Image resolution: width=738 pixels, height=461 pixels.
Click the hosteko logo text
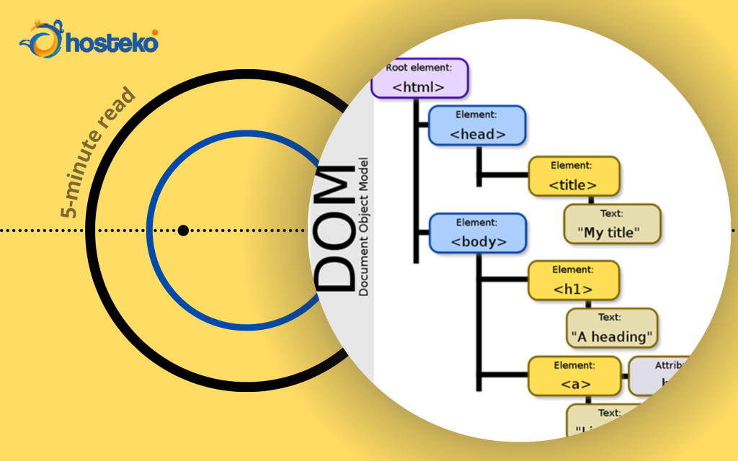(x=112, y=43)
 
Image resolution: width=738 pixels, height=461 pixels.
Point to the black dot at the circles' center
(x=183, y=230)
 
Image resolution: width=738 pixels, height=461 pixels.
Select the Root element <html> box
(x=419, y=79)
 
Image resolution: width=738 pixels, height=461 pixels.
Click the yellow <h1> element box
(x=573, y=280)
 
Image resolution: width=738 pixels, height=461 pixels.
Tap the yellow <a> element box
(x=574, y=375)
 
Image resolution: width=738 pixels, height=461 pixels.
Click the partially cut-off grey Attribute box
(x=659, y=375)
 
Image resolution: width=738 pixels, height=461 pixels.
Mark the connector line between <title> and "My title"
(x=592, y=200)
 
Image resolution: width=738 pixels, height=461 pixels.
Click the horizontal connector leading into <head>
(x=422, y=126)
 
